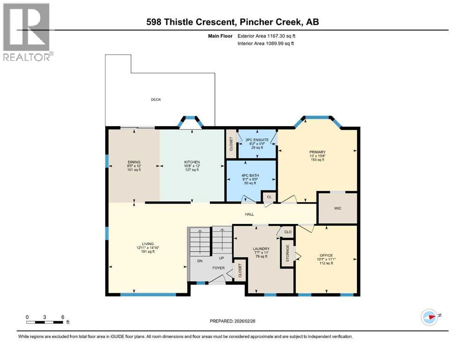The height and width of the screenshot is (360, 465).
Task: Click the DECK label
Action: pos(156,99)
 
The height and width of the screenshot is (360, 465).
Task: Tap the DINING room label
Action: pos(133,162)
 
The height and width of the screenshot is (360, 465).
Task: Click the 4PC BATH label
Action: pos(250,176)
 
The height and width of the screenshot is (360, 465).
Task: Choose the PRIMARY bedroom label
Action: pos(317,152)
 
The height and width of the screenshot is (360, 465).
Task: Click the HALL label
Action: pos(250,214)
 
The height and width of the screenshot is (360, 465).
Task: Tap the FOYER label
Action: pos(219,268)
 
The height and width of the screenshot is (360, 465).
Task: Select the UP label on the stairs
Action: pos(221,258)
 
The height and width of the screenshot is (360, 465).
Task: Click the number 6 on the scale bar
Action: pos(62,317)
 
